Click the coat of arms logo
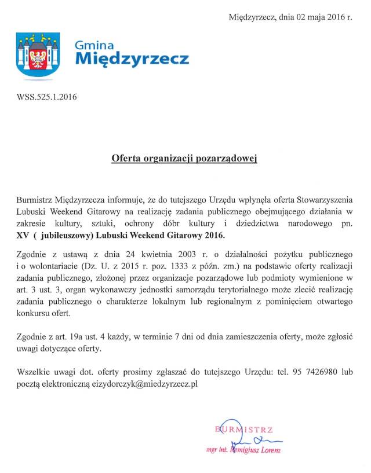tap(38, 54)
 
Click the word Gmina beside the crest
tap(95, 46)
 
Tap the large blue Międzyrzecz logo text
tap(132, 59)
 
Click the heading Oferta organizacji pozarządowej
tap(184, 157)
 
